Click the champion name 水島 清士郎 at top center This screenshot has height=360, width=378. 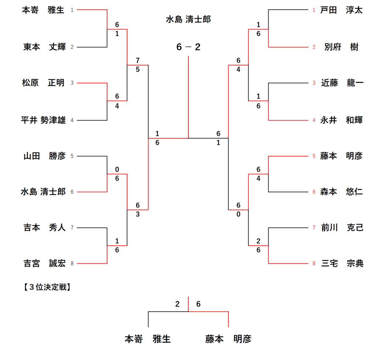[x=188, y=19]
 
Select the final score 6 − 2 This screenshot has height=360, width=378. [x=188, y=47]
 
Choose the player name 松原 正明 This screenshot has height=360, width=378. [x=43, y=83]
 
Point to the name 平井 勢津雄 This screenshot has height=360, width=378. [x=44, y=120]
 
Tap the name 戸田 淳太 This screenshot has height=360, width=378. [x=341, y=10]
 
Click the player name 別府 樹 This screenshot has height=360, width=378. [x=341, y=47]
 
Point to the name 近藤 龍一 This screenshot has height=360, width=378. [x=342, y=83]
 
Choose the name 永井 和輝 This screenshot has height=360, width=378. [x=341, y=120]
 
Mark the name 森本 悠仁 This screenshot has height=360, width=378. [x=341, y=192]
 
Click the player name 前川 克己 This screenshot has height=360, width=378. [x=342, y=228]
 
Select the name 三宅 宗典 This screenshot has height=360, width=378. [x=342, y=264]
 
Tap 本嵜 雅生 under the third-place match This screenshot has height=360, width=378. [x=148, y=339]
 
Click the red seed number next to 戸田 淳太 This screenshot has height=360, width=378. [x=314, y=10]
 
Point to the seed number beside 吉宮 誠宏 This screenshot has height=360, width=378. [x=72, y=264]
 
